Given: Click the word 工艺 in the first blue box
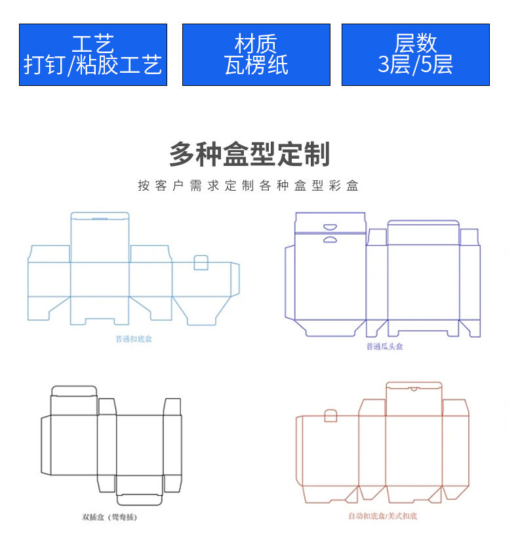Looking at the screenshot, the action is pyautogui.click(x=92, y=44).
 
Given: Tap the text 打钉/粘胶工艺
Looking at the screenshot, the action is pyautogui.click(x=92, y=65).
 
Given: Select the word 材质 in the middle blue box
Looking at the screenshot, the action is pyautogui.click(x=256, y=44).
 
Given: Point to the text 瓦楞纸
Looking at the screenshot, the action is pyautogui.click(x=256, y=65).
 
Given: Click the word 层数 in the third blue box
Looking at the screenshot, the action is pyautogui.click(x=415, y=44).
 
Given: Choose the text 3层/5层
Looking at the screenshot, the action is pyautogui.click(x=415, y=65).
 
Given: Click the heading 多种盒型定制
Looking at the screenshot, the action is pyautogui.click(x=249, y=155).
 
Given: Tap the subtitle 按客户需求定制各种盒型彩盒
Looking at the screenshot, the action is pyautogui.click(x=249, y=186).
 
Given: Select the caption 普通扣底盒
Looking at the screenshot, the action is pyautogui.click(x=134, y=340).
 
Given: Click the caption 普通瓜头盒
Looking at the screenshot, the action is pyautogui.click(x=385, y=346).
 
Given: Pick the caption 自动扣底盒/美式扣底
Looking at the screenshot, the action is pyautogui.click(x=382, y=516).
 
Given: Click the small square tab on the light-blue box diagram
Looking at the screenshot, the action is pyautogui.click(x=201, y=263).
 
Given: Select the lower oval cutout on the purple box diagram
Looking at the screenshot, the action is pyautogui.click(x=330, y=239).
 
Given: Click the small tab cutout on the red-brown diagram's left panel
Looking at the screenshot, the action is pyautogui.click(x=330, y=416).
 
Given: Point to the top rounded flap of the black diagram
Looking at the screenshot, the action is pyautogui.click(x=74, y=391).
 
